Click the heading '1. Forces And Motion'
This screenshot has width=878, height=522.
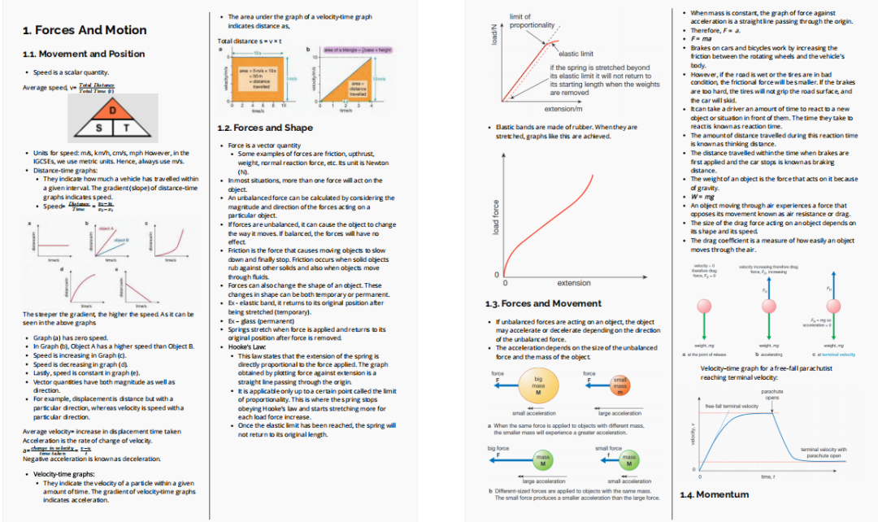click(85, 30)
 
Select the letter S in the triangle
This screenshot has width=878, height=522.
click(99, 128)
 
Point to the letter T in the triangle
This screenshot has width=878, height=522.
click(127, 128)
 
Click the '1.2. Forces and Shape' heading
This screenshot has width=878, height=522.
click(265, 128)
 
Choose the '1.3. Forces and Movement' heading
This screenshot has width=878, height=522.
click(543, 303)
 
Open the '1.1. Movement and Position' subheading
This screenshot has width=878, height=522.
click(84, 54)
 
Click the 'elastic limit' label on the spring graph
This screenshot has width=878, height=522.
click(576, 54)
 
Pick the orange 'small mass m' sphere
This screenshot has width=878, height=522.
click(619, 385)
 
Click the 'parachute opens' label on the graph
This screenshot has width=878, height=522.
click(772, 394)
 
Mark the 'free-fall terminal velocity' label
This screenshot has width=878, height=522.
click(732, 406)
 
